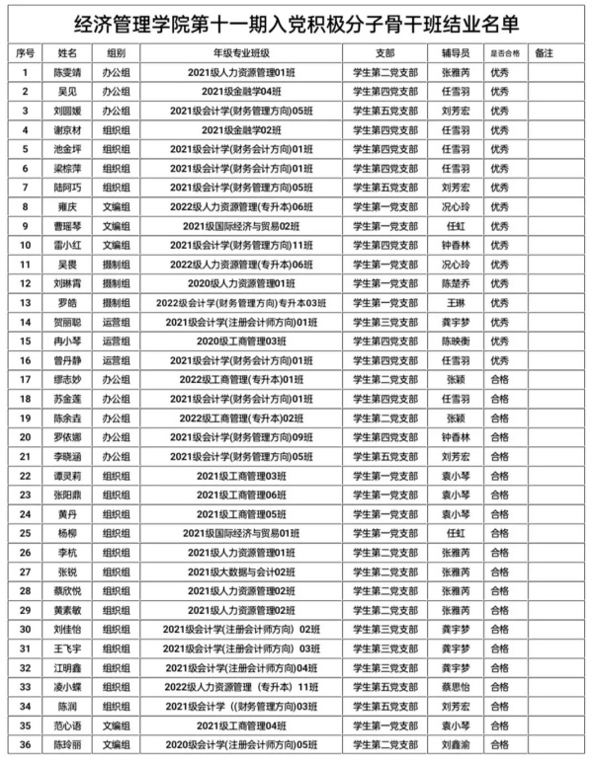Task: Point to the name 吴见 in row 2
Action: (x=68, y=91)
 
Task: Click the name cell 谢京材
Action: (x=68, y=129)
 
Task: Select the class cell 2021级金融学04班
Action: (x=241, y=91)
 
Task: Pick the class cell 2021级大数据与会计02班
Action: (x=241, y=571)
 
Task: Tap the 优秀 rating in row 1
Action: (x=499, y=72)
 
